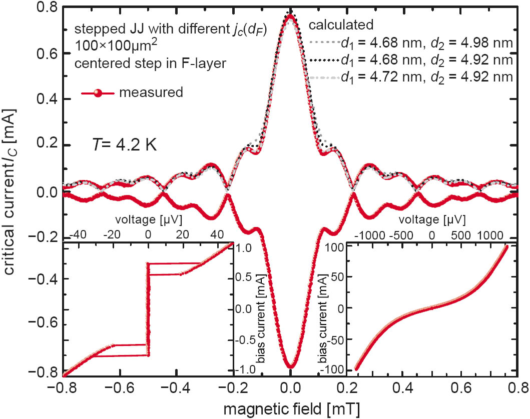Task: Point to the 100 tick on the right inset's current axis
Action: pyautogui.click(x=333, y=247)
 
